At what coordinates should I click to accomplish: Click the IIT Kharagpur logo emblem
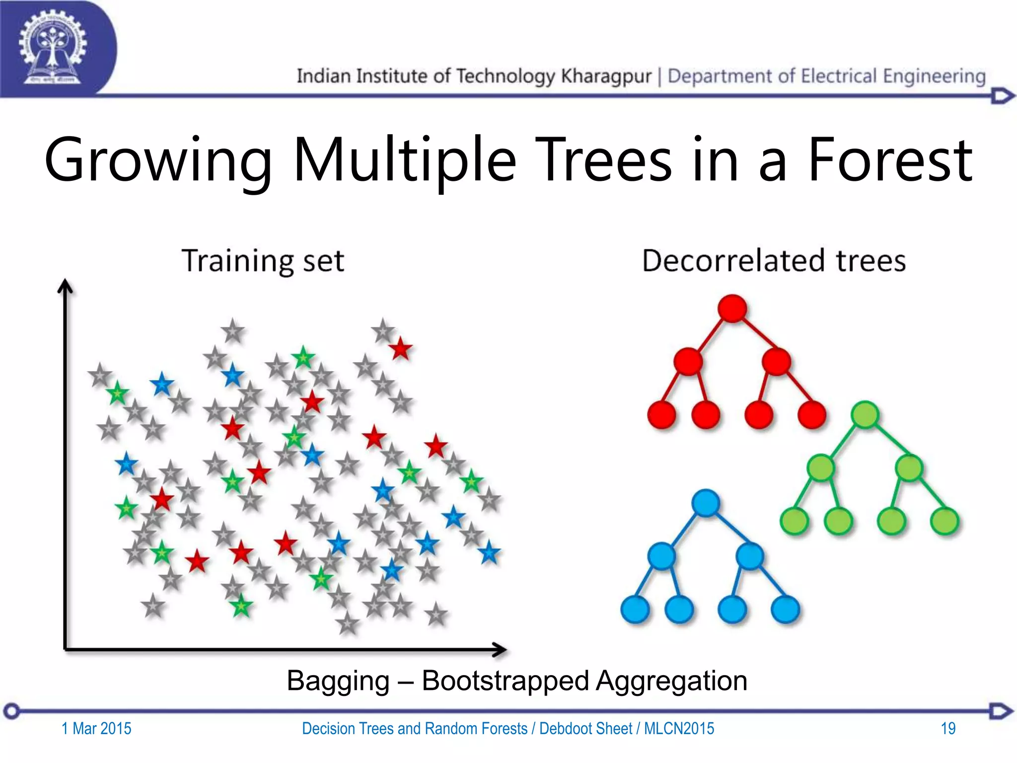[x=52, y=48]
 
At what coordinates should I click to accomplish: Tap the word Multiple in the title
[x=405, y=160]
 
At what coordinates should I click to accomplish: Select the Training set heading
[x=263, y=260]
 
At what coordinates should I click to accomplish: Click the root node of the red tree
[x=732, y=308]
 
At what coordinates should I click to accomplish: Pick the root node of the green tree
[x=865, y=414]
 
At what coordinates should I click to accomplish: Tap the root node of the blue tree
[x=706, y=503]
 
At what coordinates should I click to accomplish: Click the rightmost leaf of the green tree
[x=944, y=521]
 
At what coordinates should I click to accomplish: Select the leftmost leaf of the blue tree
[x=635, y=609]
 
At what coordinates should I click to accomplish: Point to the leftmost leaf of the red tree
[x=662, y=414]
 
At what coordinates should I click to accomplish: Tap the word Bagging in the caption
[x=338, y=681]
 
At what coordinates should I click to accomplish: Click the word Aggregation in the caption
[x=671, y=681]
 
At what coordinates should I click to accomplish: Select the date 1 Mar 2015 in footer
[x=96, y=728]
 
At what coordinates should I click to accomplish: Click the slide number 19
[x=948, y=728]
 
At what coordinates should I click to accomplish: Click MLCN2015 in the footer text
[x=679, y=728]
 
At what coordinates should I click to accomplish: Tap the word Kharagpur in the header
[x=606, y=76]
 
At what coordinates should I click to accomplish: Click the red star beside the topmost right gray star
[x=400, y=349]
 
